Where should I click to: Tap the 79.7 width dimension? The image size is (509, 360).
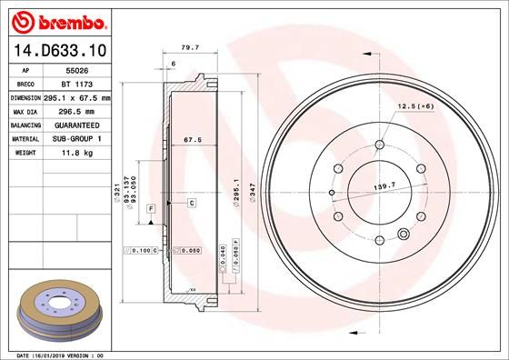click(190, 47)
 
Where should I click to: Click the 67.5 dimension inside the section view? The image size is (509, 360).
click(192, 141)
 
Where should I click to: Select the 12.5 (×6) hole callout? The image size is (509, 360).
click(414, 107)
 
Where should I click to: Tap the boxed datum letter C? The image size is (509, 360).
click(192, 203)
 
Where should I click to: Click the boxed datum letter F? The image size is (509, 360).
click(150, 209)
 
